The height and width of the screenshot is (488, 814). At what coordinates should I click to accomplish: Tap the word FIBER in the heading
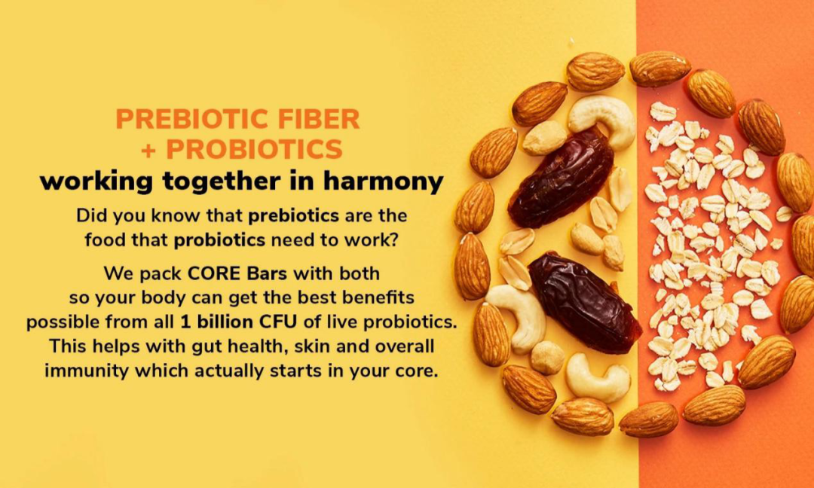[x=320, y=119]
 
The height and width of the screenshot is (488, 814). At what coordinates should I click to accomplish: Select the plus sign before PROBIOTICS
[x=148, y=150]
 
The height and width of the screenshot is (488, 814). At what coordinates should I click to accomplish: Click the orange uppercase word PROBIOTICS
[x=255, y=149]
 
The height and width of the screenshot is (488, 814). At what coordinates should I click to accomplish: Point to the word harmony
[x=384, y=182]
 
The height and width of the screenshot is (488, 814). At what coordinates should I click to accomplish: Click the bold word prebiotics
[x=294, y=215]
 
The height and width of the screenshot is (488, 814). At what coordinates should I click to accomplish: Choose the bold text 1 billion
[x=216, y=322]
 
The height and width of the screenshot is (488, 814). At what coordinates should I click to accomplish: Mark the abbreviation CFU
[x=278, y=322]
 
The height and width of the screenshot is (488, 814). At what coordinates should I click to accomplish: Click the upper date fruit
[x=561, y=179]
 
